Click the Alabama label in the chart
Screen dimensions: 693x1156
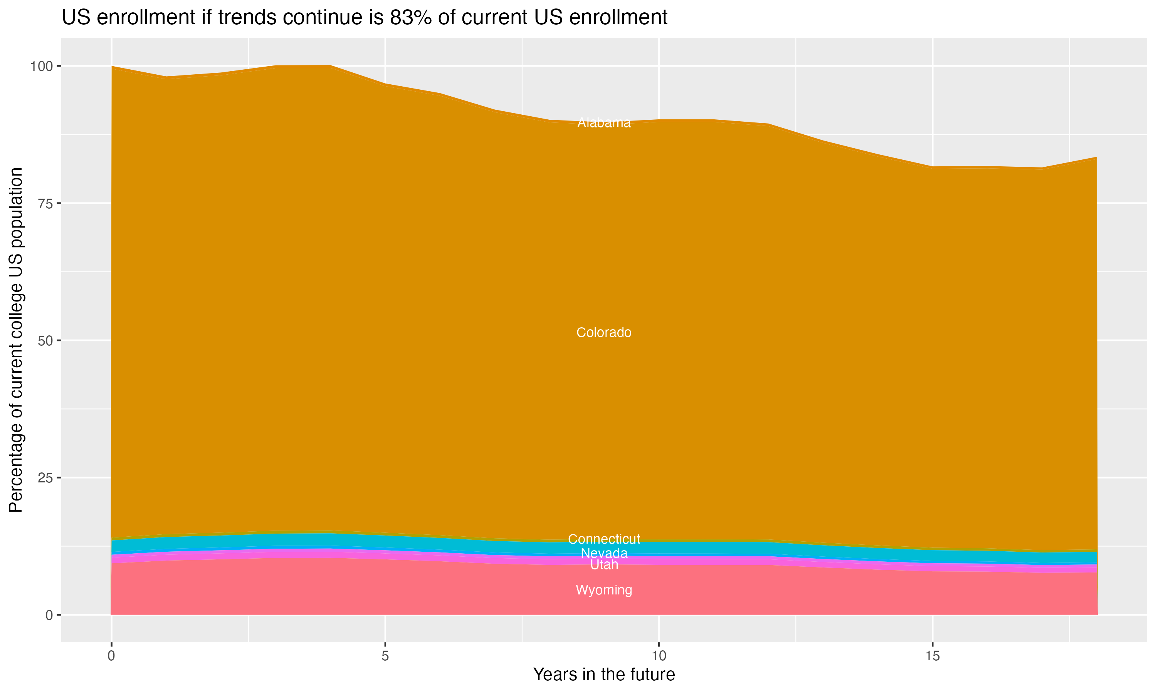[x=604, y=123]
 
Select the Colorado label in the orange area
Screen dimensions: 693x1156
[x=604, y=333]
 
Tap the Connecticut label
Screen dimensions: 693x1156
[x=604, y=539]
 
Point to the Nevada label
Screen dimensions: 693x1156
[x=604, y=553]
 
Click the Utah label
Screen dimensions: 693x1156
[x=604, y=565]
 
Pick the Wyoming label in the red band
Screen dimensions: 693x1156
[x=604, y=590]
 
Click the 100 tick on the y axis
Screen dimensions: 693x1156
[x=41, y=66]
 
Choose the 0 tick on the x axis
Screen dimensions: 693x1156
[x=111, y=656]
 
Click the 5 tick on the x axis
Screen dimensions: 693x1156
[x=385, y=656]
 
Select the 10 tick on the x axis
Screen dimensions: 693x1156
[x=659, y=656]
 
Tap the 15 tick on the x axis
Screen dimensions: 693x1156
[x=932, y=656]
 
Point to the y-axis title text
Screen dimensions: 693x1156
[x=16, y=340]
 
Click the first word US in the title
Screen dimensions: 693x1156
[x=75, y=18]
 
